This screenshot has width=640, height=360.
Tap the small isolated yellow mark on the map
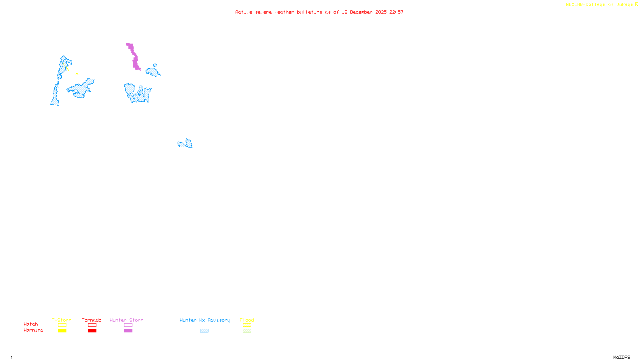[x=77, y=73]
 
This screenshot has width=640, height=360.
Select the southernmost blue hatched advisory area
[x=185, y=144]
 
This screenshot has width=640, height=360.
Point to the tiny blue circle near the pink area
[x=155, y=65]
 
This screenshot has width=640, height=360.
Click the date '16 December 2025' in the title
[x=364, y=12]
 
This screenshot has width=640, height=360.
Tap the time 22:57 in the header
[x=396, y=12]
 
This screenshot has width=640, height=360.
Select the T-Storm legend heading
[x=62, y=320]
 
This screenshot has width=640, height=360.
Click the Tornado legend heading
[x=92, y=320]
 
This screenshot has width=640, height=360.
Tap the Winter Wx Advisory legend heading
[x=205, y=320]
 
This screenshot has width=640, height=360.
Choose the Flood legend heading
[x=247, y=320]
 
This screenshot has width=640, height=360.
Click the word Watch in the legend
[x=31, y=324]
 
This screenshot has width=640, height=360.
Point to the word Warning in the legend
[x=34, y=330]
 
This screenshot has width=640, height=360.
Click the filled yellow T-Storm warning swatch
[x=62, y=331]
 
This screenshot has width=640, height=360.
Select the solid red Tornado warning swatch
[x=92, y=331]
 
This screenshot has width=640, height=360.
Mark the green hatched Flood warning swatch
[x=247, y=331]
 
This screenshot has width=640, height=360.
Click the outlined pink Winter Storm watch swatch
[x=128, y=325]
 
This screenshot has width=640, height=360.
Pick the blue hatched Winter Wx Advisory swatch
[x=204, y=331]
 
